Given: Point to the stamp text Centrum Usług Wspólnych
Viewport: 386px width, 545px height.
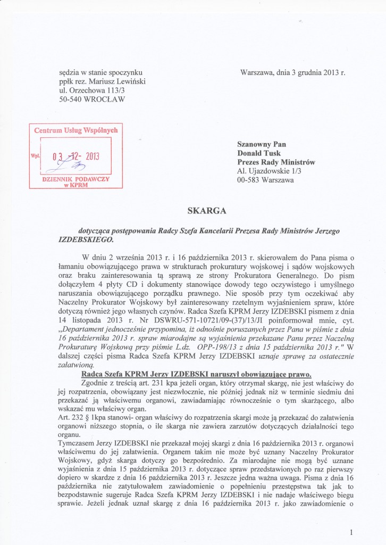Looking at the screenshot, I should click(75, 130).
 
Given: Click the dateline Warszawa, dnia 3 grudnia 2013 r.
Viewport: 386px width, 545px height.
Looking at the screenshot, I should click(293, 72).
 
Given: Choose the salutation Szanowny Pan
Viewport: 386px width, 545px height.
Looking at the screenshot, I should click(261, 144).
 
